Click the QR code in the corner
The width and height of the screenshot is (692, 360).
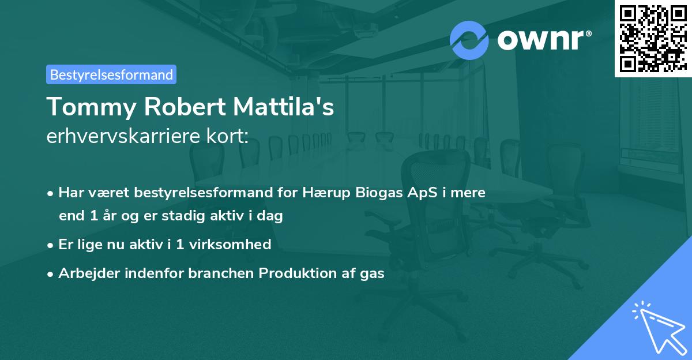click(652, 38)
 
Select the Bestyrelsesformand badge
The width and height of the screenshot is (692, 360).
click(111, 74)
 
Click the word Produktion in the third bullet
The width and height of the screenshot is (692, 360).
click(296, 273)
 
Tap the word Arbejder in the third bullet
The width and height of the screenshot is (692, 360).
click(84, 273)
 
